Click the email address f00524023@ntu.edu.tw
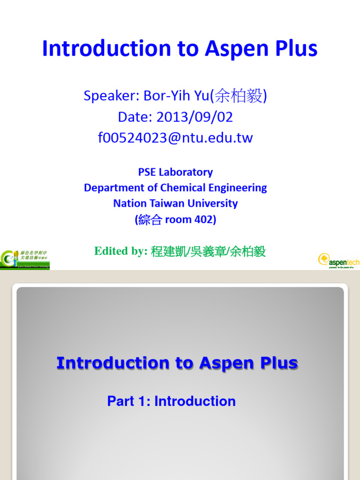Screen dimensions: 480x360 tap(175, 138)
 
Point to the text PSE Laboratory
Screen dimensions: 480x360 tap(175, 172)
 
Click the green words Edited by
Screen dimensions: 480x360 tap(121, 251)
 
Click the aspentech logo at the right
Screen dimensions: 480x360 tap(338, 260)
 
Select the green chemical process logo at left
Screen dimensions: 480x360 tap(25, 259)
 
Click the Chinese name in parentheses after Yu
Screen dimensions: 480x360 tap(238, 96)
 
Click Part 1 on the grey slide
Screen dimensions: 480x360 tap(126, 401)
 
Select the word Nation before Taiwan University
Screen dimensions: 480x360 tap(127, 203)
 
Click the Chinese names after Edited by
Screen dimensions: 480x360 tap(208, 251)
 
